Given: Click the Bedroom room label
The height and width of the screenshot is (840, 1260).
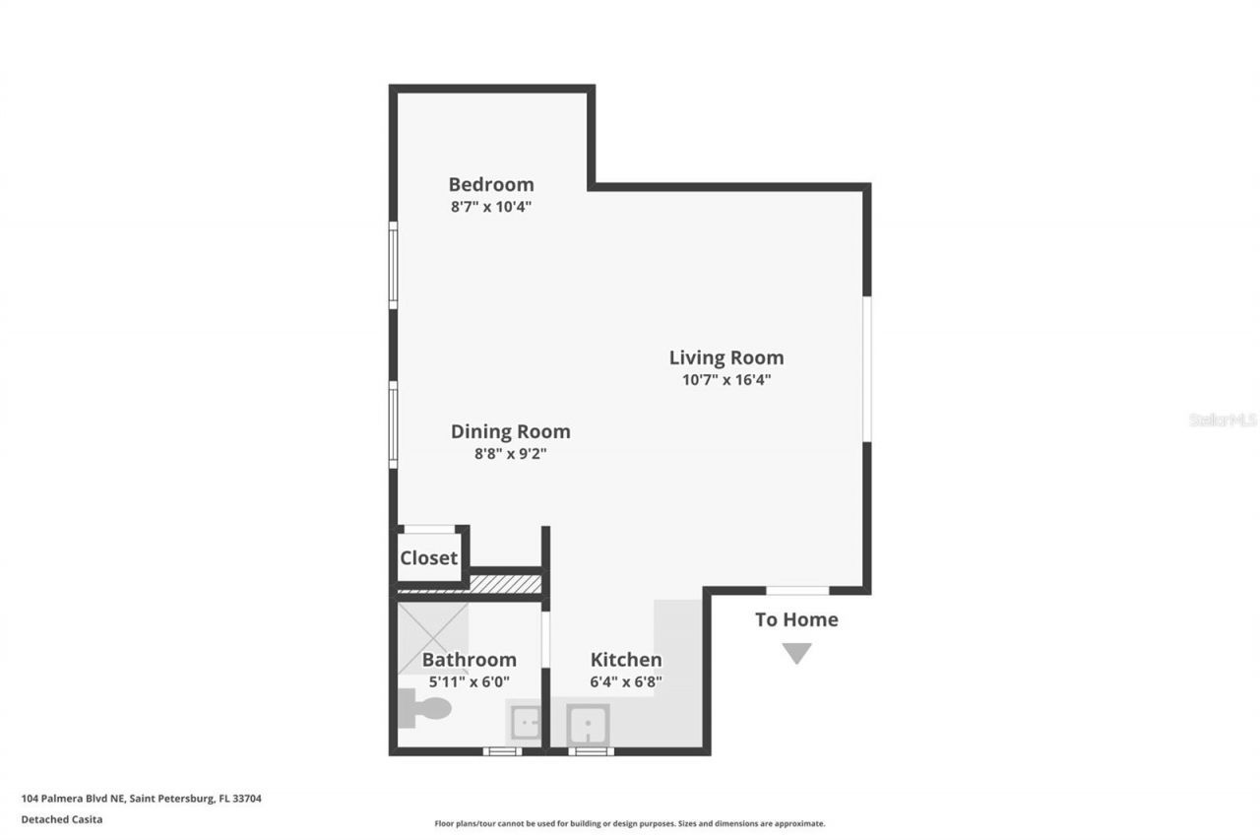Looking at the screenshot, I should (490, 184).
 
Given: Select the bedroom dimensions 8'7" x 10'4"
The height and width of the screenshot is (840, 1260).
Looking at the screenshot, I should (490, 207).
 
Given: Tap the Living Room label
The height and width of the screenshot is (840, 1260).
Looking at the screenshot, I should (726, 357).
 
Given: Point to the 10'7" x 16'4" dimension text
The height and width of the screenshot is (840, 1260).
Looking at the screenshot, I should (726, 380).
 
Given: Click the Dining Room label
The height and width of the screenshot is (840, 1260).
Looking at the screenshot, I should (510, 431).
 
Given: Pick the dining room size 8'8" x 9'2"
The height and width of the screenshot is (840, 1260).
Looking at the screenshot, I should (510, 454).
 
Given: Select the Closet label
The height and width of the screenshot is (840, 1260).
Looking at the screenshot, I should (428, 558).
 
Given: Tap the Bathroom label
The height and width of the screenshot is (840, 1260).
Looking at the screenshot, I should (469, 660).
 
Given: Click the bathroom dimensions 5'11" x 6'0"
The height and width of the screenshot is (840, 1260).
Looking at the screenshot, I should (469, 681).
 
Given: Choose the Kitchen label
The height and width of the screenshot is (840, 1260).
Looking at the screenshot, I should (626, 660).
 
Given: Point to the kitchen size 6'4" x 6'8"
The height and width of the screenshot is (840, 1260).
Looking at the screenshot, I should (626, 681).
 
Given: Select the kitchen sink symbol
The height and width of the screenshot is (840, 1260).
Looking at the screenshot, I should (589, 726).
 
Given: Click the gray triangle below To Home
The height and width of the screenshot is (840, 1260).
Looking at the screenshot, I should (796, 653).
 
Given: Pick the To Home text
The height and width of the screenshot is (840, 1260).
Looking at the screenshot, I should (796, 619).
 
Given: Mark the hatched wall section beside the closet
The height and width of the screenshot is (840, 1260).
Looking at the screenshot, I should (505, 584).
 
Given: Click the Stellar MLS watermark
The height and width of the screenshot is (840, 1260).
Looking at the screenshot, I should (1223, 420).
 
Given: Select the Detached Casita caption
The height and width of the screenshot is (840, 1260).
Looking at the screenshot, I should (61, 818).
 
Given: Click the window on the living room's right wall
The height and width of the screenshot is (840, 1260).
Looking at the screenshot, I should (867, 368).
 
